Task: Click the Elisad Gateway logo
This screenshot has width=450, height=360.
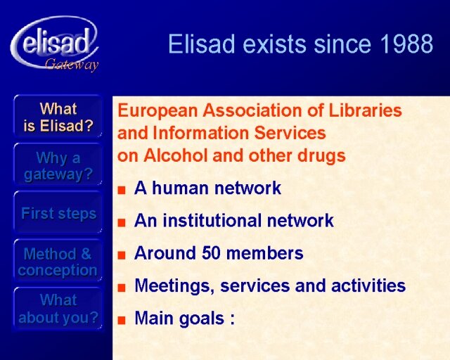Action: pyautogui.click(x=55, y=43)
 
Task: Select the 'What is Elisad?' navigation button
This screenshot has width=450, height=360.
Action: pyautogui.click(x=58, y=117)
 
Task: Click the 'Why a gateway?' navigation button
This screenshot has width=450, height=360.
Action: pyautogui.click(x=58, y=166)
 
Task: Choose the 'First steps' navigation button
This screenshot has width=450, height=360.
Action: pyautogui.click(x=58, y=213)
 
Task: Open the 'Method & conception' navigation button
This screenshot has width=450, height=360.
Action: pyautogui.click(x=58, y=262)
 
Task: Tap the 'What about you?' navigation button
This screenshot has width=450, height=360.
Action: pyautogui.click(x=58, y=309)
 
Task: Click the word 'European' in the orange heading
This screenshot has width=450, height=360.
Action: pyautogui.click(x=157, y=111)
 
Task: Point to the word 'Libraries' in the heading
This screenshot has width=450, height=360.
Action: pyautogui.click(x=366, y=110)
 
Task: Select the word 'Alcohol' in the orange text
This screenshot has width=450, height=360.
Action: pyautogui.click(x=176, y=155)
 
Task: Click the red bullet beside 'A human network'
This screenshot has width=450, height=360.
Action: pyautogui.click(x=122, y=190)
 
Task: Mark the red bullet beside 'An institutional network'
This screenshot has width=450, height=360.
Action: pyautogui.click(x=122, y=222)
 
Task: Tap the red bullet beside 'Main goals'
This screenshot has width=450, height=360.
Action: pyautogui.click(x=122, y=320)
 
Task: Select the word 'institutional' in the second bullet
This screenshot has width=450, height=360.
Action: pyautogui.click(x=212, y=221)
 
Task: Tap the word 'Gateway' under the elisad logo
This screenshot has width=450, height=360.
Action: pyautogui.click(x=72, y=64)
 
